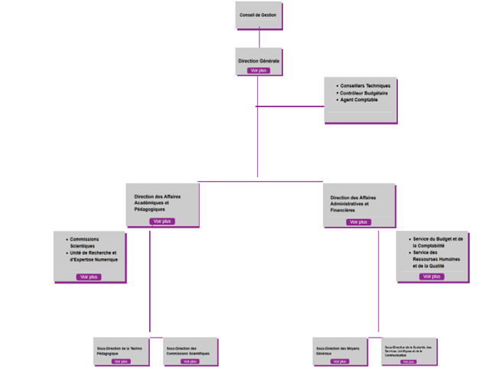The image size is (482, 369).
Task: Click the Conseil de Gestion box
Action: pos(259,15)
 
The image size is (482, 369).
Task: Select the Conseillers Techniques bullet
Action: pos(365,86)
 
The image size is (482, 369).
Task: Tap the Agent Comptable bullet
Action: pos(359,99)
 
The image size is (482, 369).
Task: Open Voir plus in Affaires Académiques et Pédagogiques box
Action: pos(162,221)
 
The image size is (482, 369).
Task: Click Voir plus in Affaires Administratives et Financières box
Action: pos(358,222)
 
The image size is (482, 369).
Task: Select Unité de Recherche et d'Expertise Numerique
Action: pos(93,256)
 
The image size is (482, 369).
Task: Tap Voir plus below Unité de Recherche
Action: pos(89,277)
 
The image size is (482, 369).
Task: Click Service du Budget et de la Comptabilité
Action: pos(437,242)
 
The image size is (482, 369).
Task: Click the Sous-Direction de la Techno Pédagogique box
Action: pos(121,350)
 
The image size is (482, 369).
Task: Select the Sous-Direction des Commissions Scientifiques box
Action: pos(190,350)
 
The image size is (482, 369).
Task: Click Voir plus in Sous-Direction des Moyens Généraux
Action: pos(340,361)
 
